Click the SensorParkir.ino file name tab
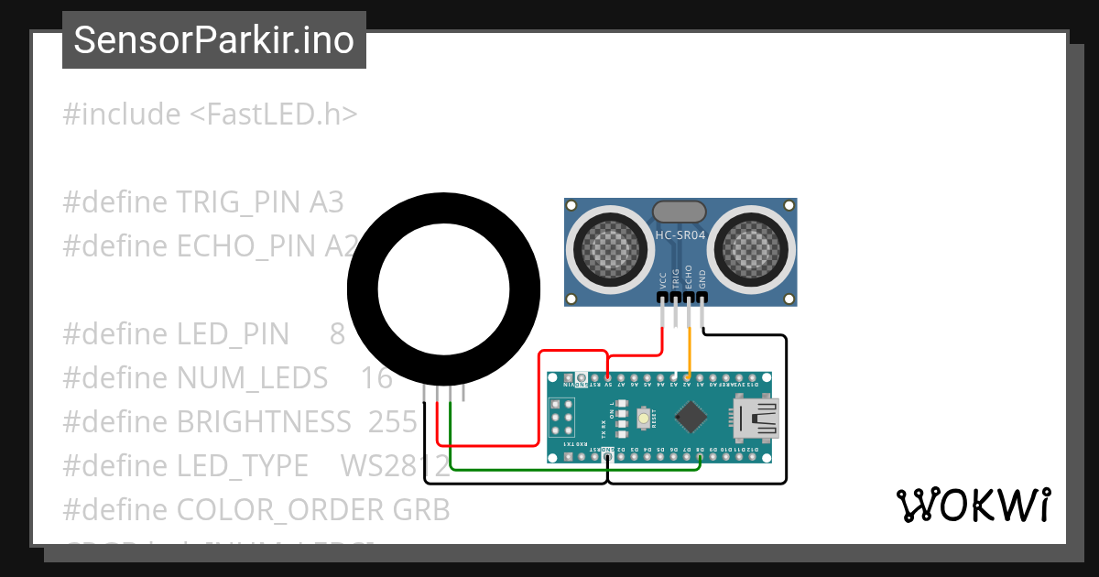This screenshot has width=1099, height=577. point(213,40)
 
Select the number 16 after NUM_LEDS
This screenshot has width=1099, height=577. point(376,377)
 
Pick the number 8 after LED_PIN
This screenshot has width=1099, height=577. point(337,333)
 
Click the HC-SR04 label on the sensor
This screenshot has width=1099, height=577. point(680,235)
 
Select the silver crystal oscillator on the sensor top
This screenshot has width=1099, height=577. point(679,212)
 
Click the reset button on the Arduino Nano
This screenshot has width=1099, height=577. point(645,419)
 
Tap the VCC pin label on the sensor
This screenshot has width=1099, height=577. point(662,279)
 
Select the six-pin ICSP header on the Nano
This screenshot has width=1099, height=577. point(561,422)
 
